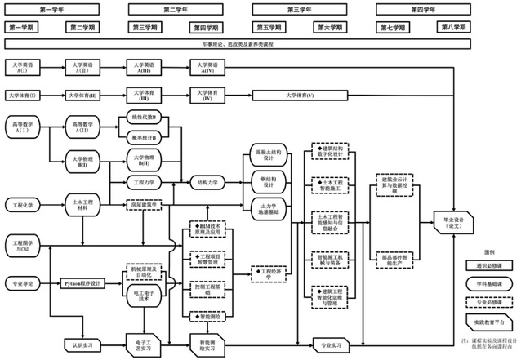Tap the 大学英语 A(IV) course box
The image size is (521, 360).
click(x=209, y=67)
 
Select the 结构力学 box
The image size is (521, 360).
click(x=207, y=181)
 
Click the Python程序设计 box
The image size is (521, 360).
click(x=82, y=283)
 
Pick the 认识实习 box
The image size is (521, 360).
click(x=82, y=345)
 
